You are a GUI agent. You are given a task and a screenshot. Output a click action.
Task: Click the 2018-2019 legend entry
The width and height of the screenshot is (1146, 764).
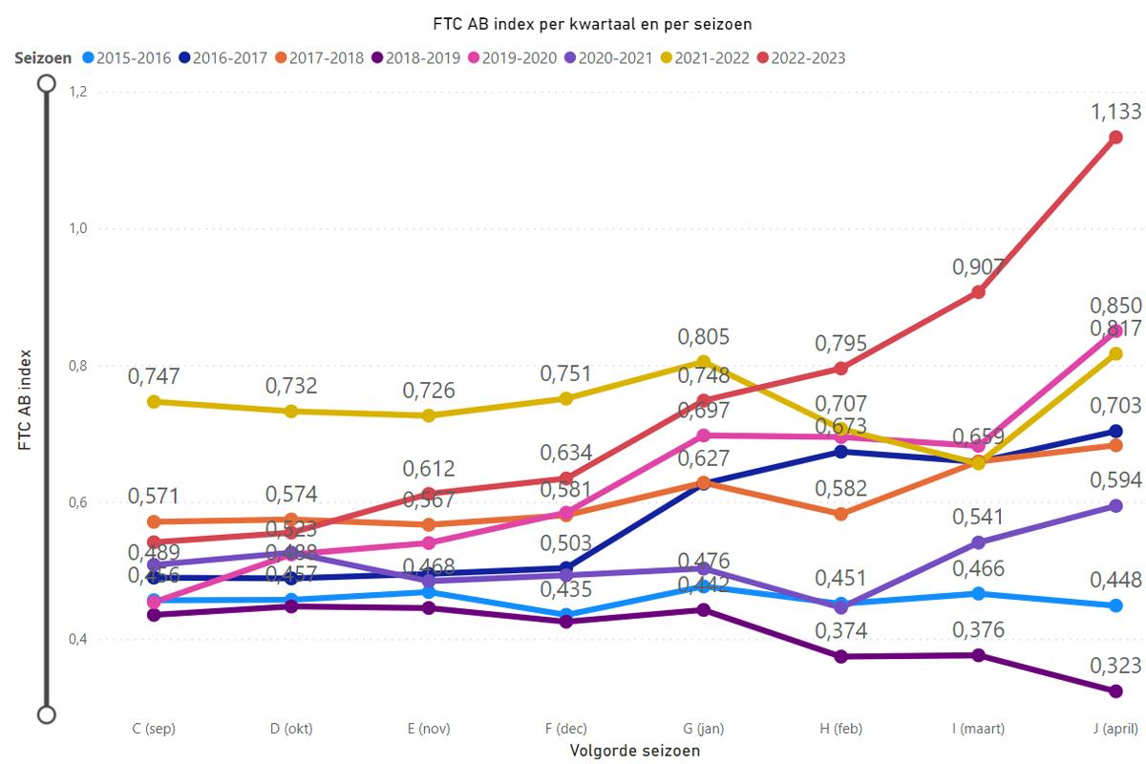(421, 58)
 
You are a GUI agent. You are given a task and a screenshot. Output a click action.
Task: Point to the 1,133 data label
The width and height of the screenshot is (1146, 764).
(1115, 113)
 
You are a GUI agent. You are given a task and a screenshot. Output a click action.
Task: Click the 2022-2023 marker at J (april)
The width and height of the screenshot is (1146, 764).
(1115, 138)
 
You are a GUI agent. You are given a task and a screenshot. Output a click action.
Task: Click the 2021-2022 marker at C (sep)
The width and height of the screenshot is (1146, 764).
(153, 401)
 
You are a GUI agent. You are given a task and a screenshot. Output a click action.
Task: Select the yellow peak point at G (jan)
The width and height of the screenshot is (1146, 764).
(703, 362)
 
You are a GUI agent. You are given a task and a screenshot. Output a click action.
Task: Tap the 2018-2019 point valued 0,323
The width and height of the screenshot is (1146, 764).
(1115, 690)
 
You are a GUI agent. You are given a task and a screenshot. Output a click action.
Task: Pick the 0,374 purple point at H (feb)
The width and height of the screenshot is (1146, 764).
(840, 656)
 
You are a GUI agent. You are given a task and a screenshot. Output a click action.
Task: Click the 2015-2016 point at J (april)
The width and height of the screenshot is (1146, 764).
(1115, 605)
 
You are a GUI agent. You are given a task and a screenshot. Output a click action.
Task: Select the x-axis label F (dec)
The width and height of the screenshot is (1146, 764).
(565, 729)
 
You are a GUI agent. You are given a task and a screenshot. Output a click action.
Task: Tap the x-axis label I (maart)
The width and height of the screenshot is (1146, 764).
(978, 729)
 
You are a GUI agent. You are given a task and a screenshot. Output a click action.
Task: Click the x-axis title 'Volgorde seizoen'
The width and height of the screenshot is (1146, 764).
(634, 751)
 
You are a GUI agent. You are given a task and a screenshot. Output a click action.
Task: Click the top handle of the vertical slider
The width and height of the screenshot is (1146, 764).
(46, 84)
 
